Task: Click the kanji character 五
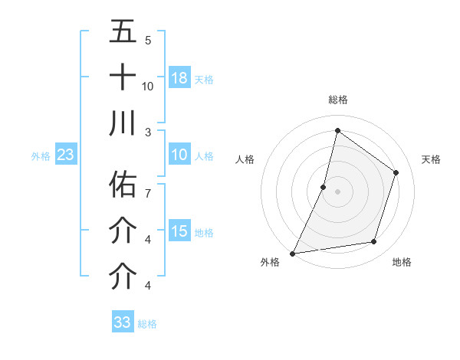click(x=123, y=31)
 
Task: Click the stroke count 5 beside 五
click(x=147, y=40)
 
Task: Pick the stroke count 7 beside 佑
click(x=147, y=193)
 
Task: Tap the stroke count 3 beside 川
click(x=147, y=131)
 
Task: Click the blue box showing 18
click(x=179, y=77)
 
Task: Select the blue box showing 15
click(x=179, y=231)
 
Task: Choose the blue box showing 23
click(x=65, y=155)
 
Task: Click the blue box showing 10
click(x=179, y=155)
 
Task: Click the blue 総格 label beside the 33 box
click(x=147, y=324)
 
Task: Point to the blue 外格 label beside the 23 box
click(x=41, y=156)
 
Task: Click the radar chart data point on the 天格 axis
click(x=396, y=172)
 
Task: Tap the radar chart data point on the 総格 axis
click(x=337, y=130)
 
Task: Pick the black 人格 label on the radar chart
click(x=245, y=159)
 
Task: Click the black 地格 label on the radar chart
click(x=402, y=263)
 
